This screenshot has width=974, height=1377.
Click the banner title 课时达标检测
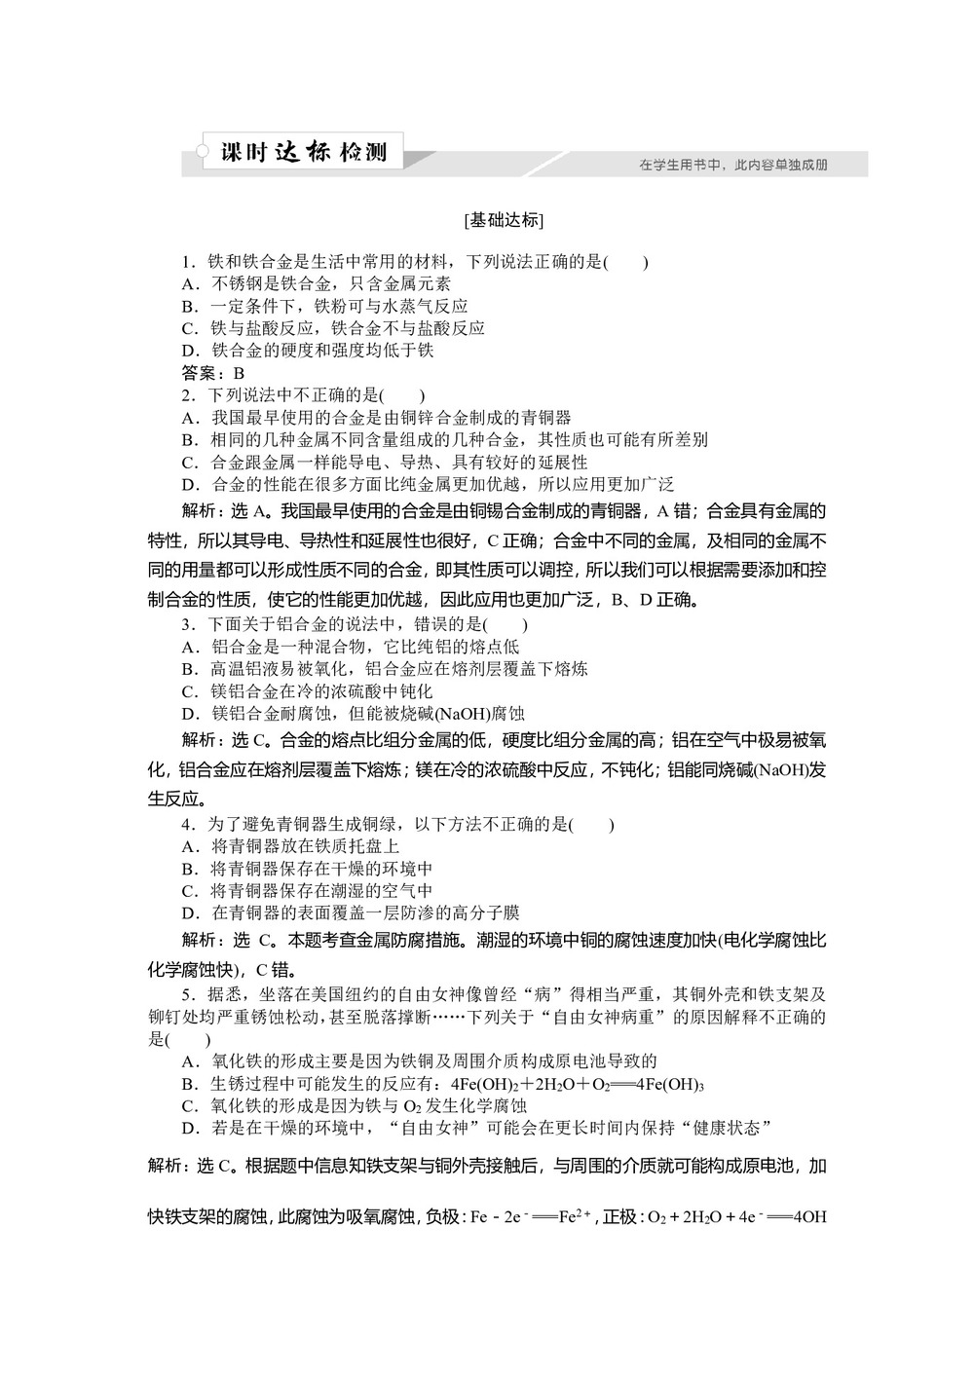pos(304,153)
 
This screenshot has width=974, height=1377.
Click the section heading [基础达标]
pos(504,220)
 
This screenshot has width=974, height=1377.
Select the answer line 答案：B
pos(213,373)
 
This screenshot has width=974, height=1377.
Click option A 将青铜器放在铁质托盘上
pos(291,847)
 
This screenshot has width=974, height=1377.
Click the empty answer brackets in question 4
pos(591,825)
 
